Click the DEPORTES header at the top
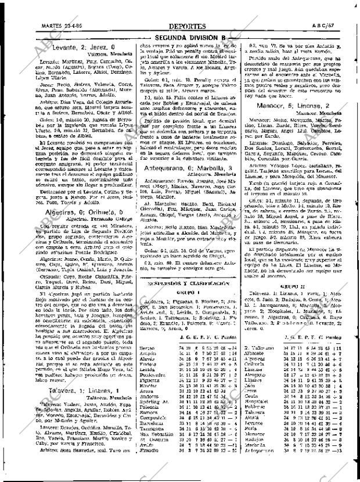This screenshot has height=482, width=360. [186, 27]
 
